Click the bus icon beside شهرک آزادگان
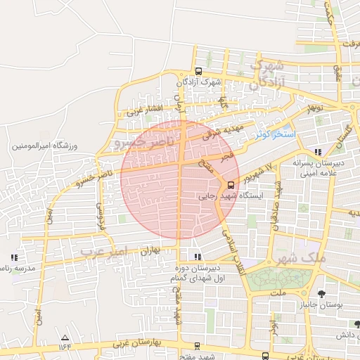click(198, 71)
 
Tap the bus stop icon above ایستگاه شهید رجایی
click(231, 185)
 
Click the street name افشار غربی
click(145, 111)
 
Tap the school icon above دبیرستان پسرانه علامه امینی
click(319, 151)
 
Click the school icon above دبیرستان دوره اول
click(198, 257)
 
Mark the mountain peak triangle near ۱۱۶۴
click(65, 337)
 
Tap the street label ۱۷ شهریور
click(258, 174)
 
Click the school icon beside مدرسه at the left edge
click(14, 257)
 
